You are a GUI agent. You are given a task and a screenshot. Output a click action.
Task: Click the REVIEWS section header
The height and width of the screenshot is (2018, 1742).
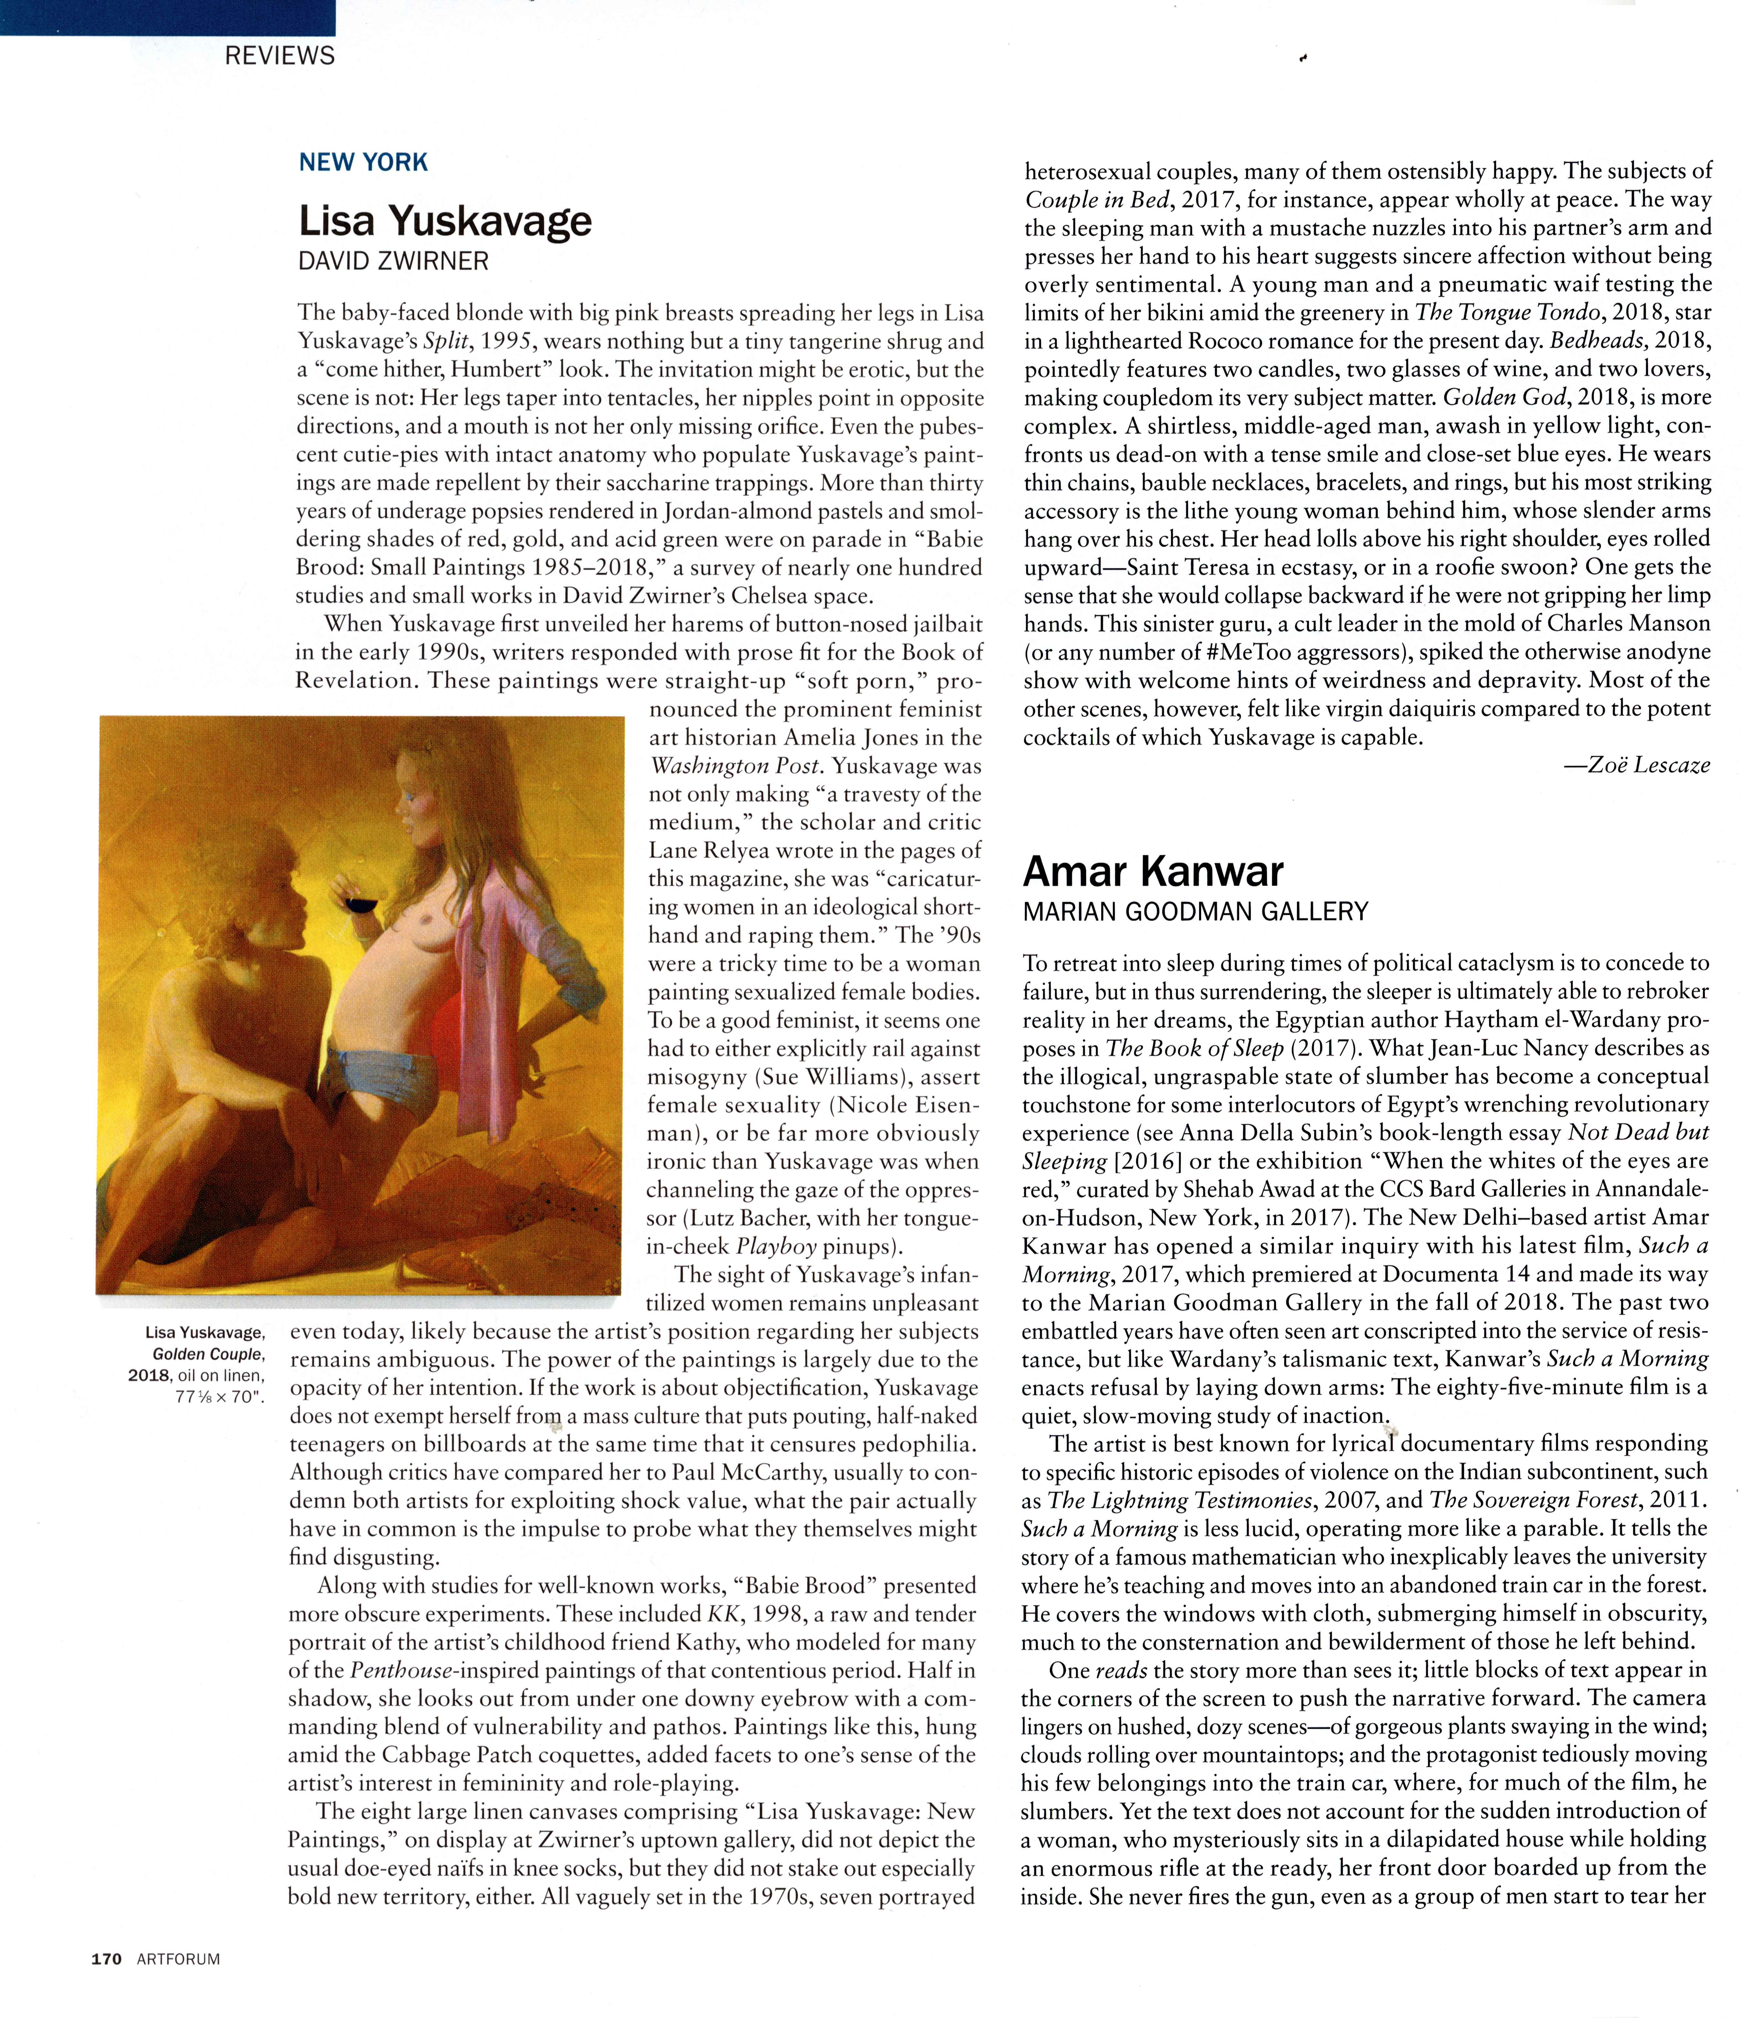pos(279,56)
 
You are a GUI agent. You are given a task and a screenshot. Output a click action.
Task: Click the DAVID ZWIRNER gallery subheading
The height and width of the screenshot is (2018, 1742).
pos(393,261)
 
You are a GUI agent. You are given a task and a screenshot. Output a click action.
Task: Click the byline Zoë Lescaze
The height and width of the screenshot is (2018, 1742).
pos(1636,765)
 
